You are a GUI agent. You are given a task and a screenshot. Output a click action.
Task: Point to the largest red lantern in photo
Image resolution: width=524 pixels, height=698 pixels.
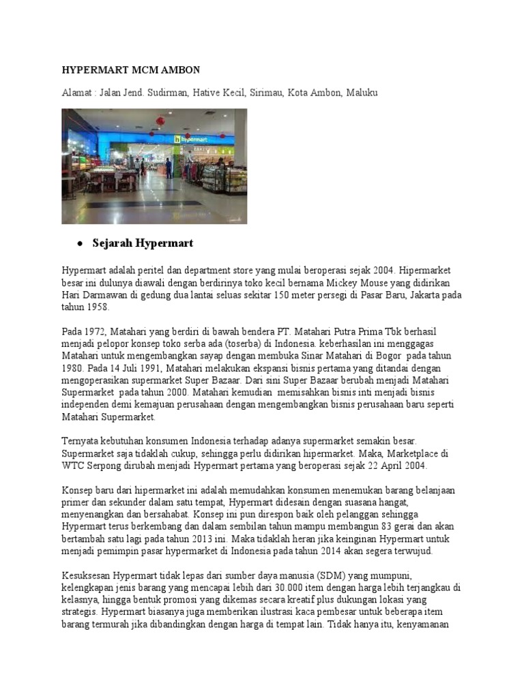click(x=160, y=122)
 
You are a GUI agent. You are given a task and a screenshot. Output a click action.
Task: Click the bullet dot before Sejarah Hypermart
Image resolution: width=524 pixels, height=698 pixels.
click(x=79, y=244)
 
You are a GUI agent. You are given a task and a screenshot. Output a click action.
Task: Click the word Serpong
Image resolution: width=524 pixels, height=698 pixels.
click(x=105, y=466)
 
